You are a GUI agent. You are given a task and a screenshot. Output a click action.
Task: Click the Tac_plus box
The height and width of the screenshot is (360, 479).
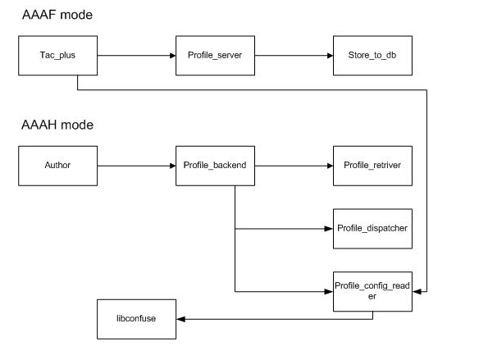coord(57,56)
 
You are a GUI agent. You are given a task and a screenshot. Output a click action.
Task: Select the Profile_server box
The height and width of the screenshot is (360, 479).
coord(215,56)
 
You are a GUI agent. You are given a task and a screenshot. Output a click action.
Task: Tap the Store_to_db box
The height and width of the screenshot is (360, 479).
coord(372,56)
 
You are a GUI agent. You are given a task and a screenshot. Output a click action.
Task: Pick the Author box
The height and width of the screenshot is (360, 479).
coord(57,166)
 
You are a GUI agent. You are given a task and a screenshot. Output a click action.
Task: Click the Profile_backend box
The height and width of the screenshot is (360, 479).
coord(215,166)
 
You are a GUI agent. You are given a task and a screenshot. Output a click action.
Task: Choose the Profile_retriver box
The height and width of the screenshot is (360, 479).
coord(372,166)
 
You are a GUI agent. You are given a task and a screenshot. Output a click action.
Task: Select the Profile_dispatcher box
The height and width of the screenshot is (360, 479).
coord(372,229)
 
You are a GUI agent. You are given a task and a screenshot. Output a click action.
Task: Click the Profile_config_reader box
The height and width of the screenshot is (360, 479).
coord(372,292)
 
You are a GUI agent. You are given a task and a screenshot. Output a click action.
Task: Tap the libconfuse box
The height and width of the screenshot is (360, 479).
coord(136,319)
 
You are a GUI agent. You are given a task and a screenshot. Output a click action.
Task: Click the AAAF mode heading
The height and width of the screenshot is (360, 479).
coord(57,15)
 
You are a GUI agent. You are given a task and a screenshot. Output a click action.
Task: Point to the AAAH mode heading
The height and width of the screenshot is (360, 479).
coord(57,125)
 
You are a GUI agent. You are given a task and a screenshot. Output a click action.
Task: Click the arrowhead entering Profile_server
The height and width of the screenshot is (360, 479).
coord(172,56)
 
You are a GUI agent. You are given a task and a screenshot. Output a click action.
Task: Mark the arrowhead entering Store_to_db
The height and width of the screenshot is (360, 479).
coord(330,56)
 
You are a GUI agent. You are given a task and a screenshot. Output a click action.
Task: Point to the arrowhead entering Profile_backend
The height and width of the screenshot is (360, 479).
coord(172,166)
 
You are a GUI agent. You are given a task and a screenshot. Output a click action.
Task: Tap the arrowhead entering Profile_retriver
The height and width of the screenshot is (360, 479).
coord(330,166)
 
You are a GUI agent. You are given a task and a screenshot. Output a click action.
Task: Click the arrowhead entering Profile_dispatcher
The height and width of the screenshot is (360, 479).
coord(329,229)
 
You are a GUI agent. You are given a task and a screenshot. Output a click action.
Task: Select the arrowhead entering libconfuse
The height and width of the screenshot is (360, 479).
coord(180,319)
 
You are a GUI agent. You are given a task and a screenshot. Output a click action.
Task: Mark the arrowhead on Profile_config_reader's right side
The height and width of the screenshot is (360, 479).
coord(417,292)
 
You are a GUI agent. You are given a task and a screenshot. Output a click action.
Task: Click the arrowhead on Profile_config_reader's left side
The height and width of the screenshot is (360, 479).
coord(329,292)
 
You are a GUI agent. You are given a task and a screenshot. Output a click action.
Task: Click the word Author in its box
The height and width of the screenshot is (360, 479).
coord(57,165)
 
